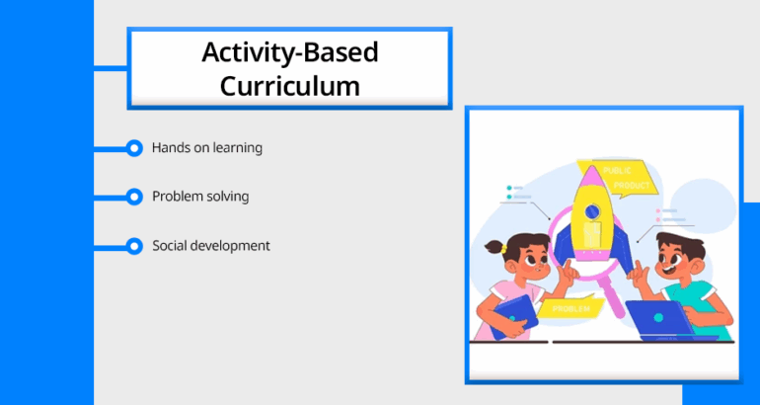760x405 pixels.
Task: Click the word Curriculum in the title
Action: pyautogui.click(x=290, y=86)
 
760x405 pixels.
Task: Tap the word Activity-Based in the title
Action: pyautogui.click(x=290, y=52)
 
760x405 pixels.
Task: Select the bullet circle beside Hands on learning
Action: pyautogui.click(x=134, y=148)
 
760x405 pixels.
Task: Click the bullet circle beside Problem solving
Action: pyautogui.click(x=134, y=197)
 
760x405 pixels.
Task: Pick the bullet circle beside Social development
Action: pyautogui.click(x=134, y=246)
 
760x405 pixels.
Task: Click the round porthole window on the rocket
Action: pyautogui.click(x=592, y=211)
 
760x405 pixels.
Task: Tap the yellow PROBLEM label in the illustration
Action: pyautogui.click(x=570, y=308)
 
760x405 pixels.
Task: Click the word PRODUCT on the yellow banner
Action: pyautogui.click(x=632, y=186)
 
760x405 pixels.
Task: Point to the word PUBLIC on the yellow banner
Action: pyautogui.click(x=617, y=171)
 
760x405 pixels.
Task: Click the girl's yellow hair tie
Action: pyautogui.click(x=504, y=249)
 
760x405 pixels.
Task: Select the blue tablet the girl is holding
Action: pyautogui.click(x=514, y=317)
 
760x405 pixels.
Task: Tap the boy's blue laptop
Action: pyautogui.click(x=661, y=319)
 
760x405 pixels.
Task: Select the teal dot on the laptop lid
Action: pyautogui.click(x=658, y=318)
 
